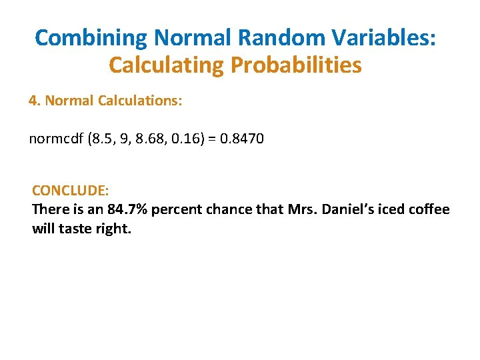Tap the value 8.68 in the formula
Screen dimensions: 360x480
pos(153,139)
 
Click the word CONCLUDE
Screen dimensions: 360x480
pos(70,191)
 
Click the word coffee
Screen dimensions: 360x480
pos(429,209)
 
